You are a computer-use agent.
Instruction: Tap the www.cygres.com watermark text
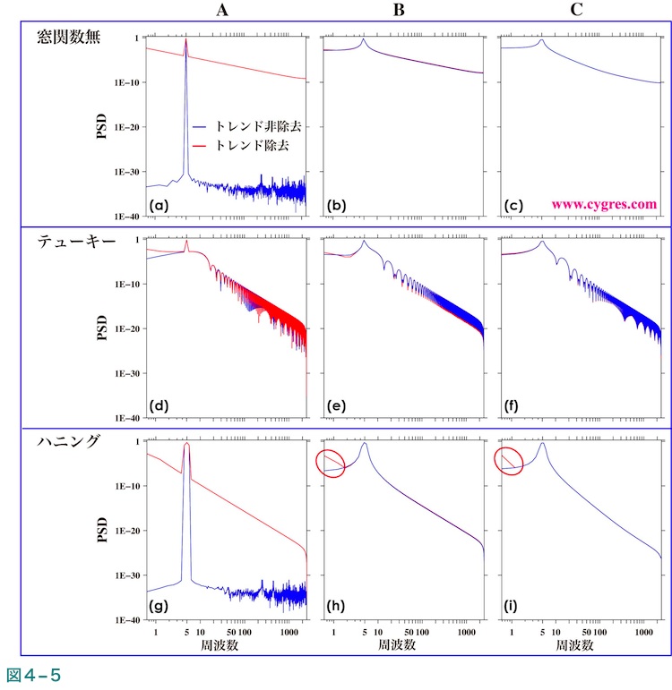(604, 204)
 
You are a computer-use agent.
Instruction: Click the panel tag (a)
(159, 206)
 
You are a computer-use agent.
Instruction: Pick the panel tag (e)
(337, 407)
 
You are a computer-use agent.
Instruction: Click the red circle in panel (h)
(330, 463)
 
